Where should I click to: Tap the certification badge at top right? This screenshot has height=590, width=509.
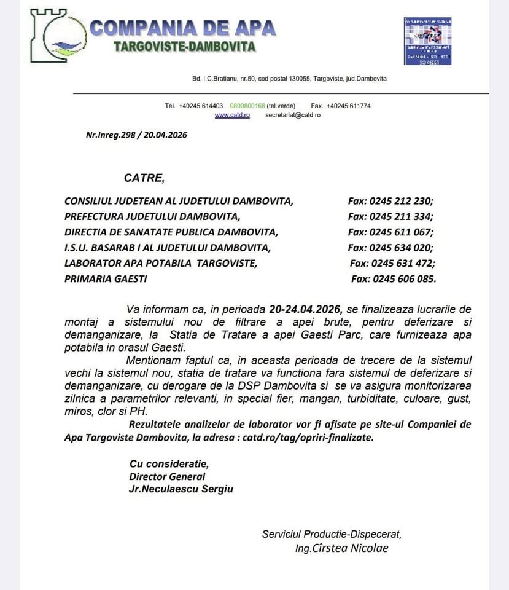click(x=427, y=41)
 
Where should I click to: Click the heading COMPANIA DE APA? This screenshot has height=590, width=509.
click(x=183, y=28)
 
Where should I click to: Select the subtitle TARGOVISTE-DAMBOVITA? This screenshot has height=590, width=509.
click(x=185, y=47)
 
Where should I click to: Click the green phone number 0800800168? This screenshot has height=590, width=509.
click(x=247, y=106)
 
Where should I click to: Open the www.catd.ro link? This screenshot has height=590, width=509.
click(x=232, y=115)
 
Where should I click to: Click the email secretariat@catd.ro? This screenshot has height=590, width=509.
click(x=293, y=115)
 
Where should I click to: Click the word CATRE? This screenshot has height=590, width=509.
click(x=144, y=178)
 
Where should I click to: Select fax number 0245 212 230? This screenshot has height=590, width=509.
click(x=402, y=201)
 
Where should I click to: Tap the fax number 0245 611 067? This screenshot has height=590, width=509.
click(x=402, y=232)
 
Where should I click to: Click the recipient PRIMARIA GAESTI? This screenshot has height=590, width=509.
click(x=106, y=279)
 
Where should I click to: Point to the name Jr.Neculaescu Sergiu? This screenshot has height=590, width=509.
click(x=181, y=489)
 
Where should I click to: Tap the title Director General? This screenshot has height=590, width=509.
click(x=167, y=476)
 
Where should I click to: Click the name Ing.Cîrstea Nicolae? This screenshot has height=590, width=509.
click(x=342, y=548)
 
